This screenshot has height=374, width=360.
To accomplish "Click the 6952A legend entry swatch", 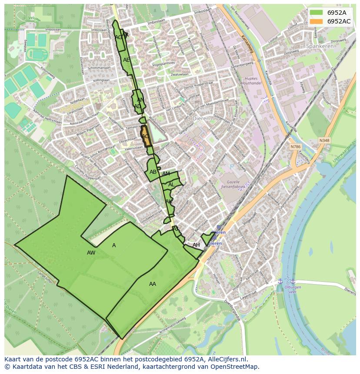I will pyautogui.click(x=316, y=13).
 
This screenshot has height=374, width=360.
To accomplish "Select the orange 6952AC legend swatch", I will pyautogui.click(x=316, y=21).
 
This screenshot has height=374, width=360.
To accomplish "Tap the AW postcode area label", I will pyautogui.click(x=91, y=253).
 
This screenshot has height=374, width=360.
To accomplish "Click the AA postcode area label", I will pyautogui.click(x=153, y=284).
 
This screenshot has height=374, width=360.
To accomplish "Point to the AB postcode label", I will pyautogui.click(x=153, y=172).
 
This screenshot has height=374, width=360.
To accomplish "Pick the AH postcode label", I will pyautogui.click(x=196, y=245).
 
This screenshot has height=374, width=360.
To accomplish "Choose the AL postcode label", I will pyautogui.click(x=171, y=185).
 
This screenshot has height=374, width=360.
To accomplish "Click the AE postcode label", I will pyautogui.click(x=127, y=60).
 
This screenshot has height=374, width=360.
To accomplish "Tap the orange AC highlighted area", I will pyautogui.click(x=146, y=136).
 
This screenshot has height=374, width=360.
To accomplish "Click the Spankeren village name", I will pyautogui.click(x=320, y=46).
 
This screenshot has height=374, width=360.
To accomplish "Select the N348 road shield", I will pyautogui.click(x=324, y=140).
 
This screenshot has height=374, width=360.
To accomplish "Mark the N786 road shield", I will pyautogui.click(x=296, y=147).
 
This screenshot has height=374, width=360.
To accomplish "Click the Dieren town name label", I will pyautogui.click(x=201, y=118).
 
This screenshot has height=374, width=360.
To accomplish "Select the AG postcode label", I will pyautogui.click(x=118, y=37).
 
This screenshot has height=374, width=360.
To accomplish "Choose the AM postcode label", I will pyautogui.click(x=166, y=174).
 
